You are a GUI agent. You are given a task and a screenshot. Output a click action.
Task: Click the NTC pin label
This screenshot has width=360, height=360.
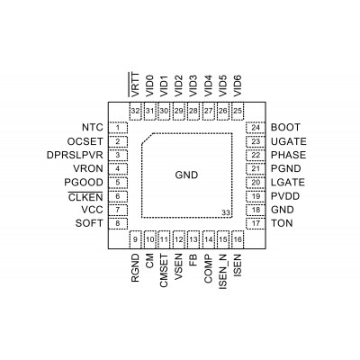(x=93, y=127)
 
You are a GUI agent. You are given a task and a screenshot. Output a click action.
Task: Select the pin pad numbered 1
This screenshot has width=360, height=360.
(x=118, y=128)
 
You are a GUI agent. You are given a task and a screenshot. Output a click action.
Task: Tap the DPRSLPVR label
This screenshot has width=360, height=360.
(x=75, y=155)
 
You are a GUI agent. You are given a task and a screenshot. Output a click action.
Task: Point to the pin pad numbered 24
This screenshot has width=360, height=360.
(x=256, y=128)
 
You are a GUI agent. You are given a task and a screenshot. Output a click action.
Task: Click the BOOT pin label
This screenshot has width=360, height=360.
(x=285, y=127)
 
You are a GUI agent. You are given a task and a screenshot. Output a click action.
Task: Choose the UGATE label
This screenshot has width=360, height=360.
(x=289, y=141)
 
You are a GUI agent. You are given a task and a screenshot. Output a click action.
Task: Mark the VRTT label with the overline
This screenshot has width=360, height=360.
(x=135, y=85)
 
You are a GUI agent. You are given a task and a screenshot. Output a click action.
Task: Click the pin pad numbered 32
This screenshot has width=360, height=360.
(x=135, y=111)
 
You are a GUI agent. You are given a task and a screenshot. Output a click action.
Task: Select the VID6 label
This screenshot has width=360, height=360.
(x=238, y=85)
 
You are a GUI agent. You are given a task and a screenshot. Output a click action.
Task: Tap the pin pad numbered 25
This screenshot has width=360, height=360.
(x=238, y=111)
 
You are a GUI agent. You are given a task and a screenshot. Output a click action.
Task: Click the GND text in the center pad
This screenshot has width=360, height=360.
(x=186, y=175)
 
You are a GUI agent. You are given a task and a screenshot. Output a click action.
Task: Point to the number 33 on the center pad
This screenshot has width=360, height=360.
(x=226, y=212)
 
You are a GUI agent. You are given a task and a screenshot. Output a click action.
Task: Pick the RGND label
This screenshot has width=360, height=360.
(x=135, y=268)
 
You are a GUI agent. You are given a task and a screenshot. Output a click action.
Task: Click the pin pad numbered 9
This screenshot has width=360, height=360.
(x=135, y=239)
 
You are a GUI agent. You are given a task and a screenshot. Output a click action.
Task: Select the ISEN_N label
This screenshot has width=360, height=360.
(x=223, y=272)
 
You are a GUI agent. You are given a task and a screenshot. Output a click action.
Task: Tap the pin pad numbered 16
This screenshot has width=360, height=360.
(x=238, y=239)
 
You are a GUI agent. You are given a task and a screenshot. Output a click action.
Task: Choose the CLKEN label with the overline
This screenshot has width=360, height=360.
(x=85, y=196)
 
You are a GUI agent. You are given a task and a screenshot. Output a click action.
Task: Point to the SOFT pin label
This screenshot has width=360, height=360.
(x=89, y=223)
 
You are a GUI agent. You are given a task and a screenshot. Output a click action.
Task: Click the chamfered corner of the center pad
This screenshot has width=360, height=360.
(x=148, y=139)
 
